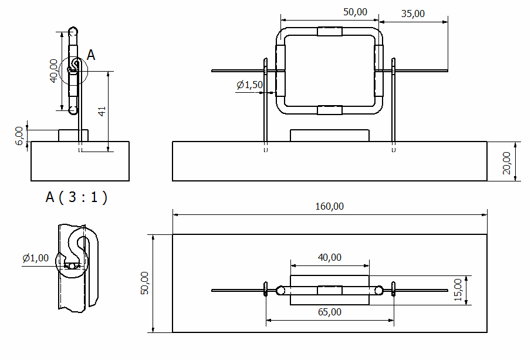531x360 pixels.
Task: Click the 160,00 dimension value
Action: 330,207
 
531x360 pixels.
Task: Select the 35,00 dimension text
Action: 413,14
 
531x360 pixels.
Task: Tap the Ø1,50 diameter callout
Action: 250,85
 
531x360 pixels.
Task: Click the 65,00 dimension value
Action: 330,312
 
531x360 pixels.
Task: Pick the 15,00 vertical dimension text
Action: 459,290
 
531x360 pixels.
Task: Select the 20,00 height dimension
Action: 506,162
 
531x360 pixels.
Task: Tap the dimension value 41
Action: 102,111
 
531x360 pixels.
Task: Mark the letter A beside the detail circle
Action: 91,55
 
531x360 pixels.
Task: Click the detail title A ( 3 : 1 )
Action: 76,197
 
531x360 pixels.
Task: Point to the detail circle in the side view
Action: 74,70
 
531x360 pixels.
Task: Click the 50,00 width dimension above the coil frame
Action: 354,12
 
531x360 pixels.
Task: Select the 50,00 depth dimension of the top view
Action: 146,283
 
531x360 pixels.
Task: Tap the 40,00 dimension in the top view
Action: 330,257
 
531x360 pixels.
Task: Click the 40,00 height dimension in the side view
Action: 53,70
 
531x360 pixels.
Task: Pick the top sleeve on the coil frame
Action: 329,32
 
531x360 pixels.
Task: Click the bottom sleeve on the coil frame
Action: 329,110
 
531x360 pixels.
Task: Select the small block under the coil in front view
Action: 330,136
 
